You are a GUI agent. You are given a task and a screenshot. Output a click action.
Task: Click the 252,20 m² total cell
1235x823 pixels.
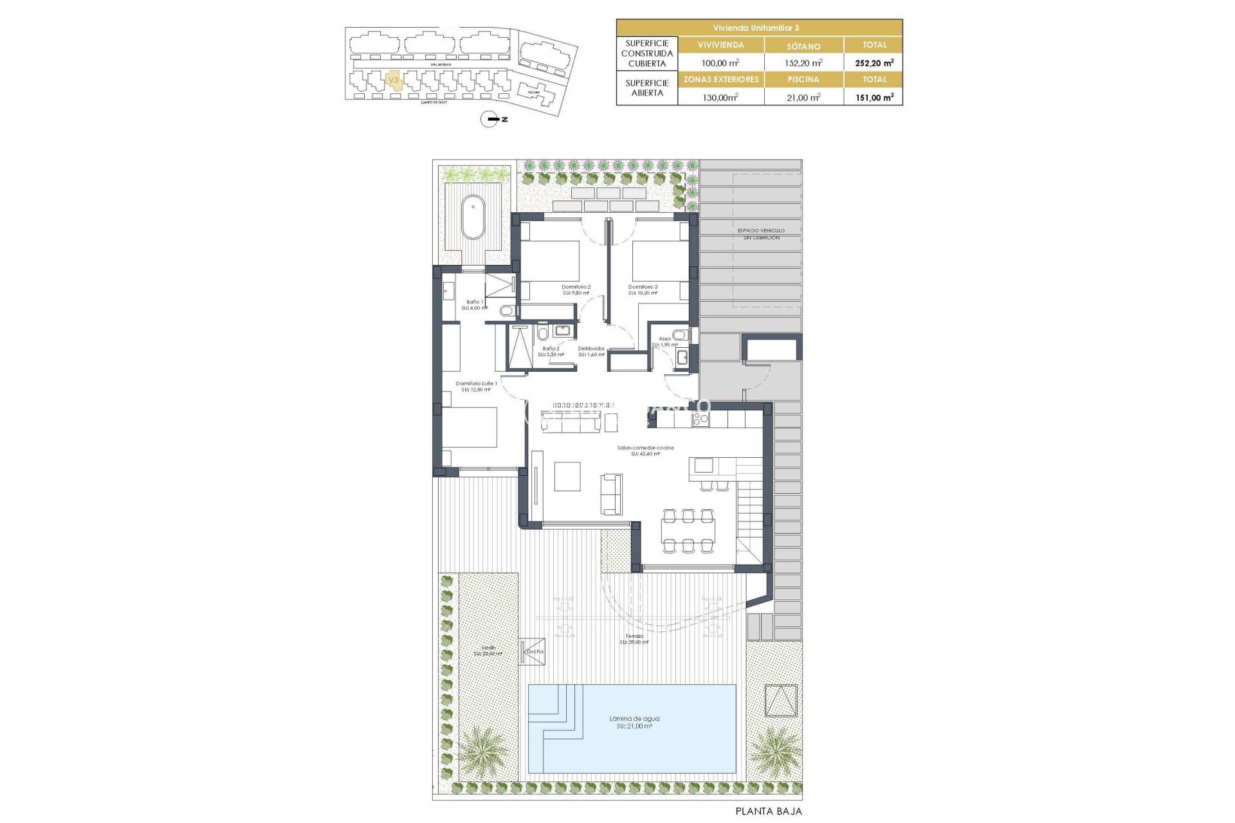click(x=874, y=63)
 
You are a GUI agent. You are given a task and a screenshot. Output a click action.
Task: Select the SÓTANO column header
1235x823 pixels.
click(x=803, y=46)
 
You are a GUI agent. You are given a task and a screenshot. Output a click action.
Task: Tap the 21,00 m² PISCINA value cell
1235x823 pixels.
click(x=803, y=98)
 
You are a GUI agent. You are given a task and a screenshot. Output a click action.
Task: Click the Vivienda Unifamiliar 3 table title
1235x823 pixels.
click(x=759, y=28)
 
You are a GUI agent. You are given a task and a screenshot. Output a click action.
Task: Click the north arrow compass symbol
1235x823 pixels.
click(x=490, y=119)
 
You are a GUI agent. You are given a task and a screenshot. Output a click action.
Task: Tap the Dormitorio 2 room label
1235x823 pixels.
click(x=576, y=289)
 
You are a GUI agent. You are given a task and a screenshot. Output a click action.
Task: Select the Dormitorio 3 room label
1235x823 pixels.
click(x=643, y=289)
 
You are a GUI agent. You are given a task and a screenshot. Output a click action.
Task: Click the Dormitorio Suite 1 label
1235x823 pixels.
click(x=476, y=386)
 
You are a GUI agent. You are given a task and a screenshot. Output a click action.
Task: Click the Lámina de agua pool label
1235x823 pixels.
click(x=634, y=722)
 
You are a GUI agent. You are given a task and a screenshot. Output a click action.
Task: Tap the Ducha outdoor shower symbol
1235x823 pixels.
click(x=533, y=651)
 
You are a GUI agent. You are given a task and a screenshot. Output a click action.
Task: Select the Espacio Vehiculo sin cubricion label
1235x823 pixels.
click(x=761, y=233)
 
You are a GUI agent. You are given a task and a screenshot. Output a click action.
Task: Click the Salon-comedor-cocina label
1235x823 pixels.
click(x=645, y=450)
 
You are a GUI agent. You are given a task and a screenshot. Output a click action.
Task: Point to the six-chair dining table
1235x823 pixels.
click(x=688, y=530)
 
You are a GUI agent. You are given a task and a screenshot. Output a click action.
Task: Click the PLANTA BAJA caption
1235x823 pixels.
click(x=769, y=811)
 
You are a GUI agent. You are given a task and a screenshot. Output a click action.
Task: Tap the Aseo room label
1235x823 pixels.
click(x=664, y=341)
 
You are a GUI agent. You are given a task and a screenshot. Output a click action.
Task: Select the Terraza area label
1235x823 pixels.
click(x=634, y=638)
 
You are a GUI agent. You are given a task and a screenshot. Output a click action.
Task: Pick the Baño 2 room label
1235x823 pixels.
click(x=550, y=351)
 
